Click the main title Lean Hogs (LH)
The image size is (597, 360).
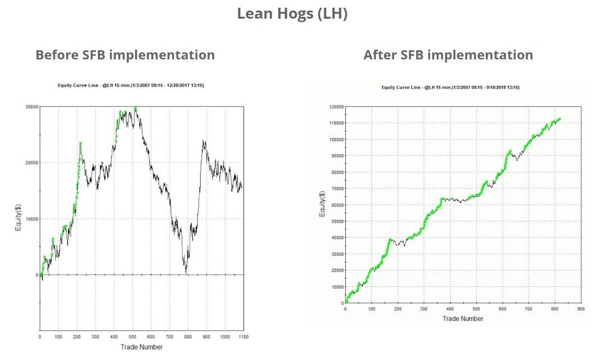coord(292,14)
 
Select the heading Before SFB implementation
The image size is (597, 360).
coord(125,55)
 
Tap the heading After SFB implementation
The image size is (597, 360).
coord(448,55)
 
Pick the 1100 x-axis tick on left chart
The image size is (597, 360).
coord(244,337)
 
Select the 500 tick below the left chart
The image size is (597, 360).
coord(132,337)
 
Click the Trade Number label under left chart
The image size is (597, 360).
coord(141,347)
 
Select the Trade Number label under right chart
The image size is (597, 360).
coord(462,319)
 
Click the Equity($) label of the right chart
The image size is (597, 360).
coord(322,205)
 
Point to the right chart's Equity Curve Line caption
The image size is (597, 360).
coord(450,87)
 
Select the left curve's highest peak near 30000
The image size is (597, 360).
coord(135,108)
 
